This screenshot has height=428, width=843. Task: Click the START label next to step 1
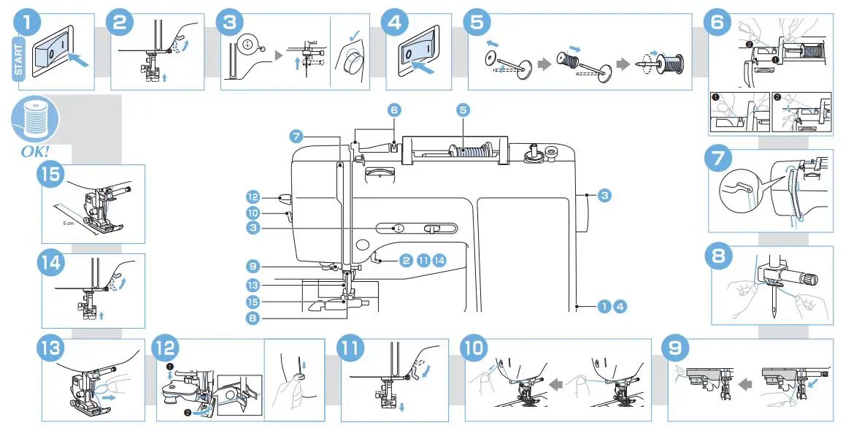[x=19, y=58]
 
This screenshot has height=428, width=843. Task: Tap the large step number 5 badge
[x=477, y=21]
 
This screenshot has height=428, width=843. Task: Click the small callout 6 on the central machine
[x=394, y=110]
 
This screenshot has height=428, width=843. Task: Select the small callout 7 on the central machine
[x=295, y=136]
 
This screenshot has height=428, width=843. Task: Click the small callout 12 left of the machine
[x=253, y=197]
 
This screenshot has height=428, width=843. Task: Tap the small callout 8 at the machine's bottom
[x=253, y=318]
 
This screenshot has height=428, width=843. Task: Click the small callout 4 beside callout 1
[x=619, y=306]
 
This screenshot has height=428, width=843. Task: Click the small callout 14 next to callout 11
[x=439, y=260]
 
